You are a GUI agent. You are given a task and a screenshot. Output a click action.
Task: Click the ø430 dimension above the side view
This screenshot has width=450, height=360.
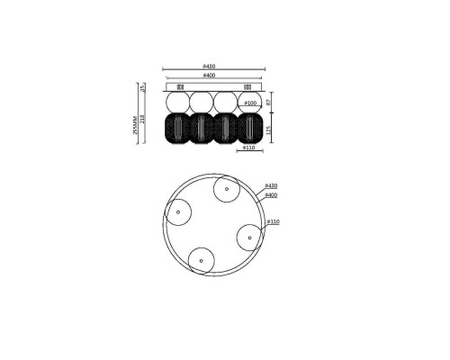[209, 67]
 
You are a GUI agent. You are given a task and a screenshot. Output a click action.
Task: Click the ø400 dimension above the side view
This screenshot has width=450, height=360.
[209, 76]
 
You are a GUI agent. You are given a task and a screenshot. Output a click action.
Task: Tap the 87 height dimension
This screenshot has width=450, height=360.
[268, 103]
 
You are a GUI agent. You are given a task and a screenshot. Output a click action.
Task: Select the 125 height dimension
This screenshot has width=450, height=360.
[268, 130]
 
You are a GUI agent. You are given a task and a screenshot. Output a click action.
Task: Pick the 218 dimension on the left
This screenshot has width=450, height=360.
[142, 120]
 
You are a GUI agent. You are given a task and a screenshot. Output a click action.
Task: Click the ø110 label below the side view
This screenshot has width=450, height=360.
[249, 149]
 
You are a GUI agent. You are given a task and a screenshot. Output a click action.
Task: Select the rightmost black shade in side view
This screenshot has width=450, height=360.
[250, 130]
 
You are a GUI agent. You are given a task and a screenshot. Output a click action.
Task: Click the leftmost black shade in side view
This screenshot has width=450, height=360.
[176, 130]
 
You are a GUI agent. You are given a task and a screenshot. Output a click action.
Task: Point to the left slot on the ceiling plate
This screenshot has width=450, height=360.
[180, 87]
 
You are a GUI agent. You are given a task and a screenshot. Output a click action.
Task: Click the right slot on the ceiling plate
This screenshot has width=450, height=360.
[247, 87]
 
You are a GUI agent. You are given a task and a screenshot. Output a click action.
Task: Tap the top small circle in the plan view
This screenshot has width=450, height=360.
[225, 190]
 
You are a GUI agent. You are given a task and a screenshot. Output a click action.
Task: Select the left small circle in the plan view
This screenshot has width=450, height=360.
[178, 212]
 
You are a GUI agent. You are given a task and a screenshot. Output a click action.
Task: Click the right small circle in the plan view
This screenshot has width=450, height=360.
[249, 238]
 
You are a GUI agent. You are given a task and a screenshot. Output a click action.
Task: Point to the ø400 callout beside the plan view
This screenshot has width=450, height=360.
[271, 194]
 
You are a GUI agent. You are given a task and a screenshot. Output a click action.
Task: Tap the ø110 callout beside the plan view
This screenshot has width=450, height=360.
[274, 221]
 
